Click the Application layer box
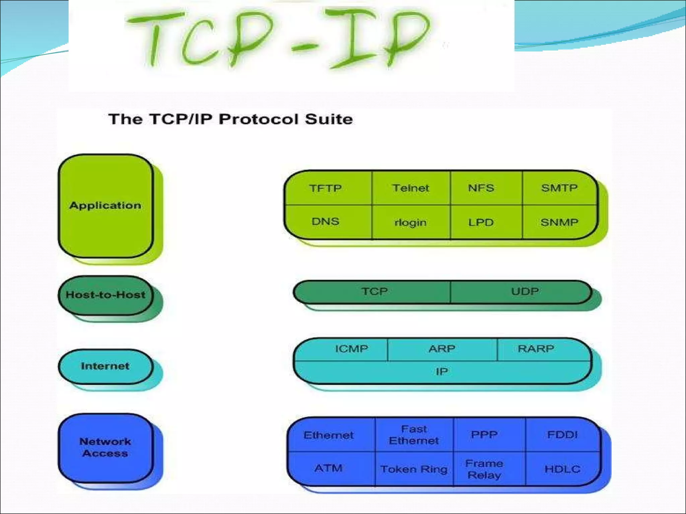106,205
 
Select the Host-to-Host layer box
106,295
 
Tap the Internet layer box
106,366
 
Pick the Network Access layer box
106,447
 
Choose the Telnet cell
411,188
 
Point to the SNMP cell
559,222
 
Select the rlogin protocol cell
411,223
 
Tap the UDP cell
525,291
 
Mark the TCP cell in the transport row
374,291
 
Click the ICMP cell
351,349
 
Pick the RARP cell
536,349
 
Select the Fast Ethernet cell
414,435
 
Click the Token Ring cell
414,469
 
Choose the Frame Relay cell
484,469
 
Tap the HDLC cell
562,469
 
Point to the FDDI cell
562,435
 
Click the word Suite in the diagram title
329,119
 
